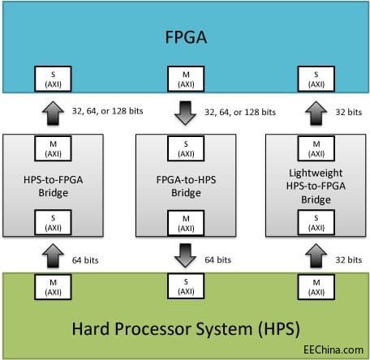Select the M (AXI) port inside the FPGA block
(x=185, y=78)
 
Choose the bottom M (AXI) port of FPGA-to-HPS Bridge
(x=185, y=221)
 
